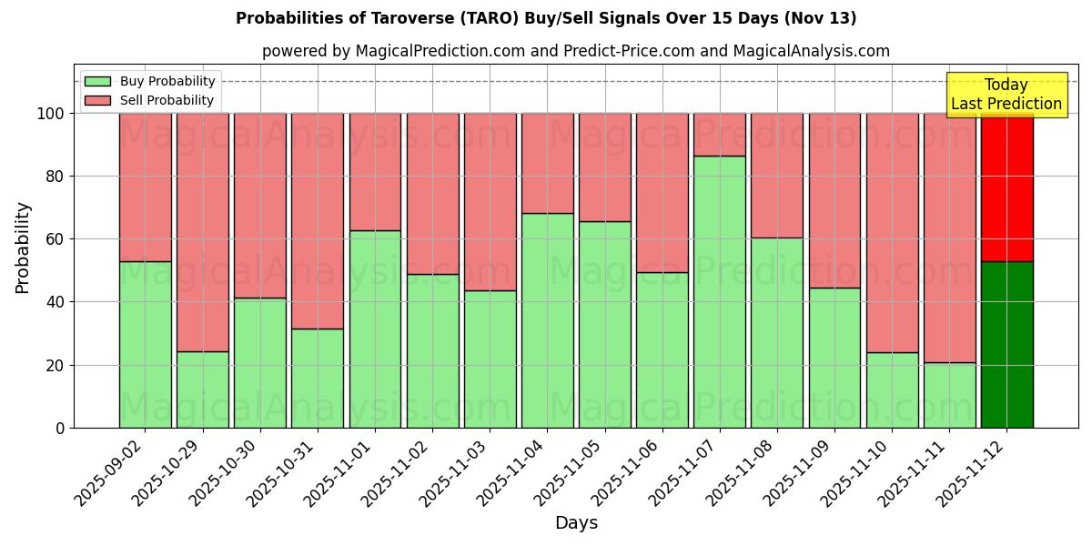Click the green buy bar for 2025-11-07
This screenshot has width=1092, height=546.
719,291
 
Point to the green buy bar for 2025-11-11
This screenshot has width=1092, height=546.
949,395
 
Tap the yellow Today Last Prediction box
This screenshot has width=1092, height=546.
1006,95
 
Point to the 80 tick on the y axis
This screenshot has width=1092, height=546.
56,177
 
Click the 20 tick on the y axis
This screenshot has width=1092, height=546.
56,365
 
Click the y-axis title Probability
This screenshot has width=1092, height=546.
23,248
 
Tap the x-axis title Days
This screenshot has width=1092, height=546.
576,523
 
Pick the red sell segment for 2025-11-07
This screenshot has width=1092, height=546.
719,135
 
